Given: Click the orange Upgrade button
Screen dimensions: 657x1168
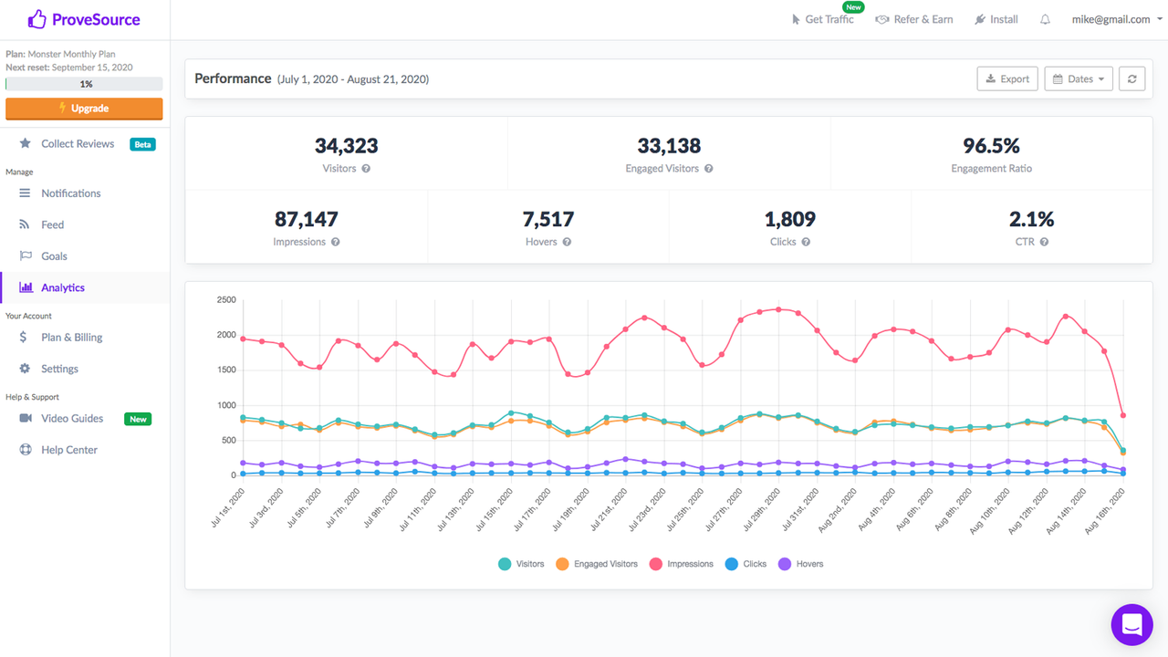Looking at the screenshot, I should point(84,109).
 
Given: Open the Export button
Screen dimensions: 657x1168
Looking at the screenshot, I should point(1006,79).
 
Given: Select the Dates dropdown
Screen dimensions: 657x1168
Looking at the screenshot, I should point(1079,79).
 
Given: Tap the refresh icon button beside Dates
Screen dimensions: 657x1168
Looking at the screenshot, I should point(1131,79).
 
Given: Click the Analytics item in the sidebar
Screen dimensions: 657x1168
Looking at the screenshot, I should point(62,287).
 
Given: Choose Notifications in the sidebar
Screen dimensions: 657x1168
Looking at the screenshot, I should point(70,193).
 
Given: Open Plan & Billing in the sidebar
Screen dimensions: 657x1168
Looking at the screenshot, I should point(71,338).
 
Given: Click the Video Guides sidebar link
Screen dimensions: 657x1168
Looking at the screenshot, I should point(71,419).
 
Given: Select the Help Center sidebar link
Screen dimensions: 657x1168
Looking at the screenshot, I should point(68,450).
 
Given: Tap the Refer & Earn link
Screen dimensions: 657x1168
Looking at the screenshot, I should point(914,20).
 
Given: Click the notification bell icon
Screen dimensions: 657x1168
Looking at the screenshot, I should point(1045,20).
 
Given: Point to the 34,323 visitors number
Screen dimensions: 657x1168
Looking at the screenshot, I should point(346,146).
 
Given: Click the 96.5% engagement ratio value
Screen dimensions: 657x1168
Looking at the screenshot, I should point(991,146).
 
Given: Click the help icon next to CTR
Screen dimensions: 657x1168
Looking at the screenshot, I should point(1044,243).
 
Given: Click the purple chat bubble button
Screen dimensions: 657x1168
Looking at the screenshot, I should point(1131,625).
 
